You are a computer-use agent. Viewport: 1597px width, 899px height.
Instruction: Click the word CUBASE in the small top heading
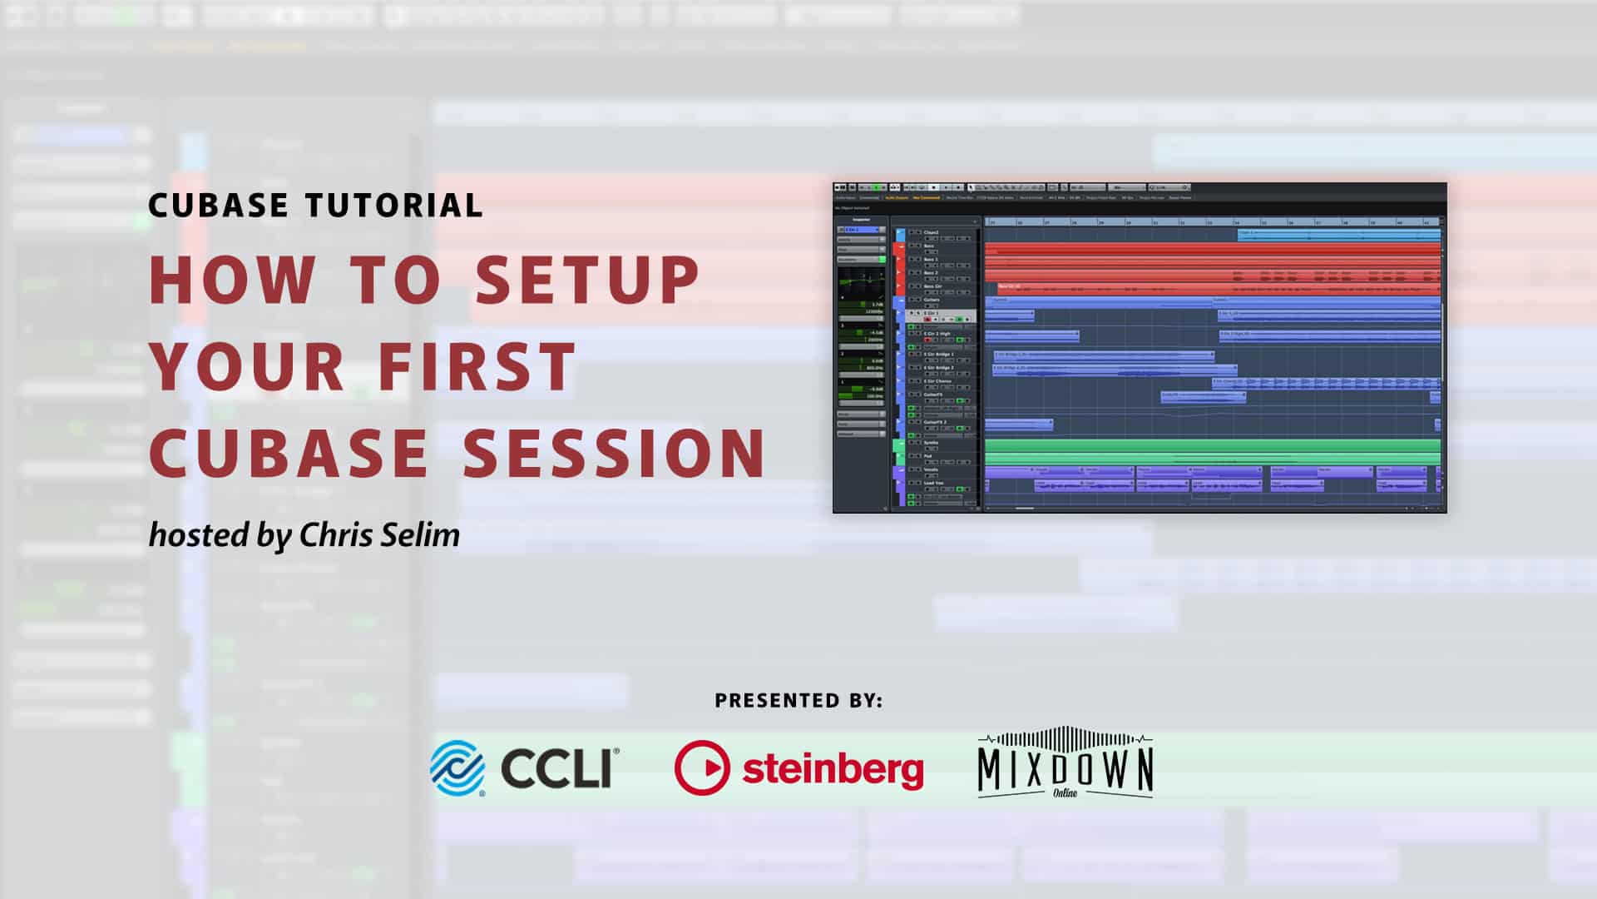tap(218, 206)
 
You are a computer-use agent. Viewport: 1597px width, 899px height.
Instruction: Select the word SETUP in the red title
tap(588, 280)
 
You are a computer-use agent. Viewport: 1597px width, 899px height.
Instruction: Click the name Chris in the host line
tap(338, 535)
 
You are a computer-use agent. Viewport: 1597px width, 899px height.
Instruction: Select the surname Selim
tap(423, 535)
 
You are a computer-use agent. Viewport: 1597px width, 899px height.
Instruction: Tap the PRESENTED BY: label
tap(798, 701)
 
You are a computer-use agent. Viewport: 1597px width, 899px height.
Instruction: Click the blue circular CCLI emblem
tap(457, 767)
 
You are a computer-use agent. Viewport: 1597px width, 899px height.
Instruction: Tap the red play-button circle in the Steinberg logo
tap(702, 767)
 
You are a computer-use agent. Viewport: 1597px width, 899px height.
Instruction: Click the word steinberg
tap(832, 769)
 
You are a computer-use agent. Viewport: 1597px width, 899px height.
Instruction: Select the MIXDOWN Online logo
tap(1065, 764)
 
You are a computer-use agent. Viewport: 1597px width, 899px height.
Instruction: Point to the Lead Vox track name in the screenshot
tap(934, 483)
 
